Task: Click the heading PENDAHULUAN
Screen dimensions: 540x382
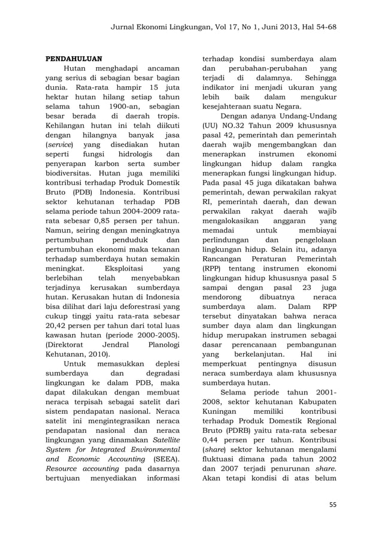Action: click(74, 59)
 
